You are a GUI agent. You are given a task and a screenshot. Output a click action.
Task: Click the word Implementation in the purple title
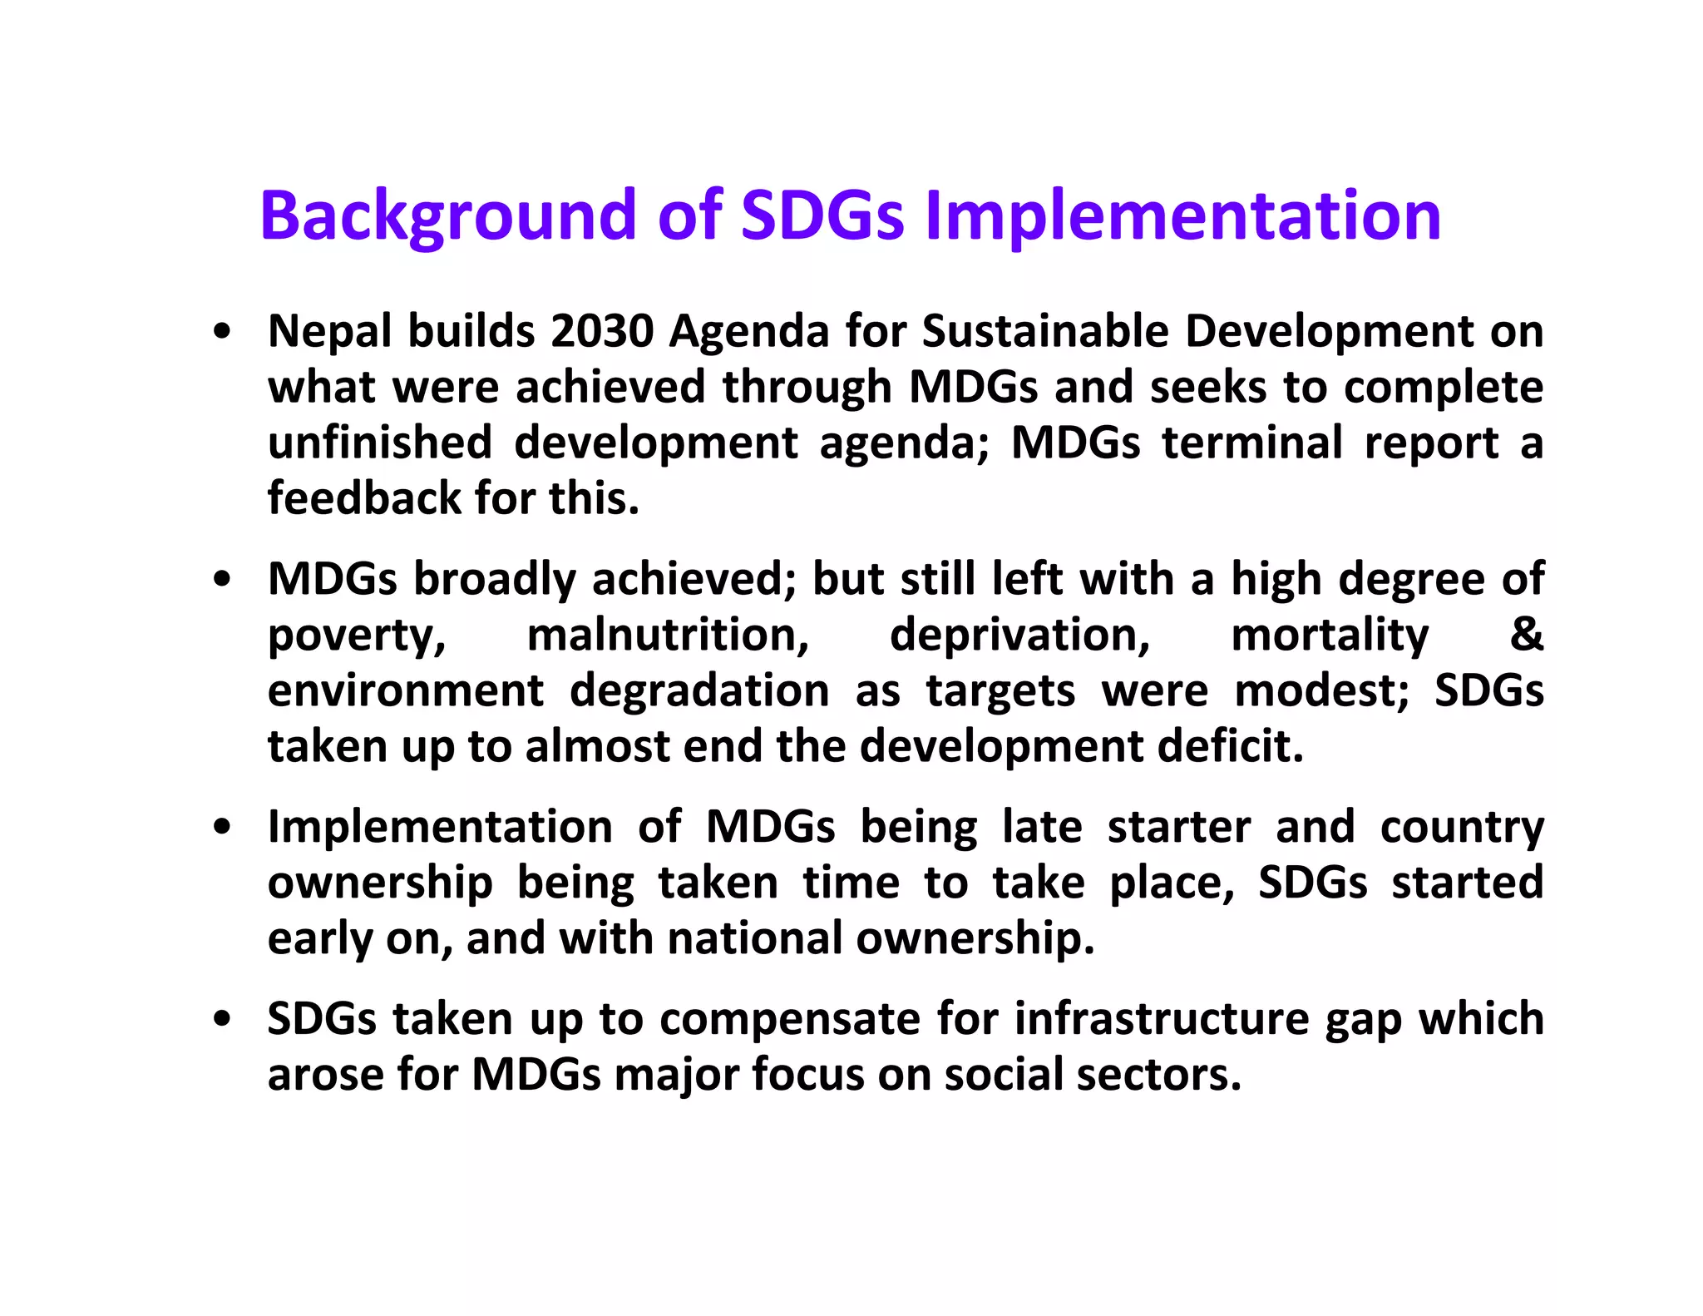(x=1182, y=215)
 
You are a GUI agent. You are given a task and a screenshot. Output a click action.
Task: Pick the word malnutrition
(x=668, y=635)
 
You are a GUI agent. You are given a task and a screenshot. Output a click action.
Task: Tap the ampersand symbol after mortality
(x=1526, y=635)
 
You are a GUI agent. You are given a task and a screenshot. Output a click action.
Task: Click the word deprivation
(x=1019, y=635)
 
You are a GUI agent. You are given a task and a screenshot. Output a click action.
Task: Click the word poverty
(x=357, y=635)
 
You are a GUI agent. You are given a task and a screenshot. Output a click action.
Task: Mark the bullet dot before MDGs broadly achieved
(x=221, y=580)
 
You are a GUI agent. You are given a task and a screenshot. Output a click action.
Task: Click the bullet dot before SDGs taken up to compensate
(x=221, y=1019)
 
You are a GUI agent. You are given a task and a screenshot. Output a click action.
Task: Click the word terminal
(x=1251, y=443)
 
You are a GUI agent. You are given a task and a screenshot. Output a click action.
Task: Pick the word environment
(x=405, y=690)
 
